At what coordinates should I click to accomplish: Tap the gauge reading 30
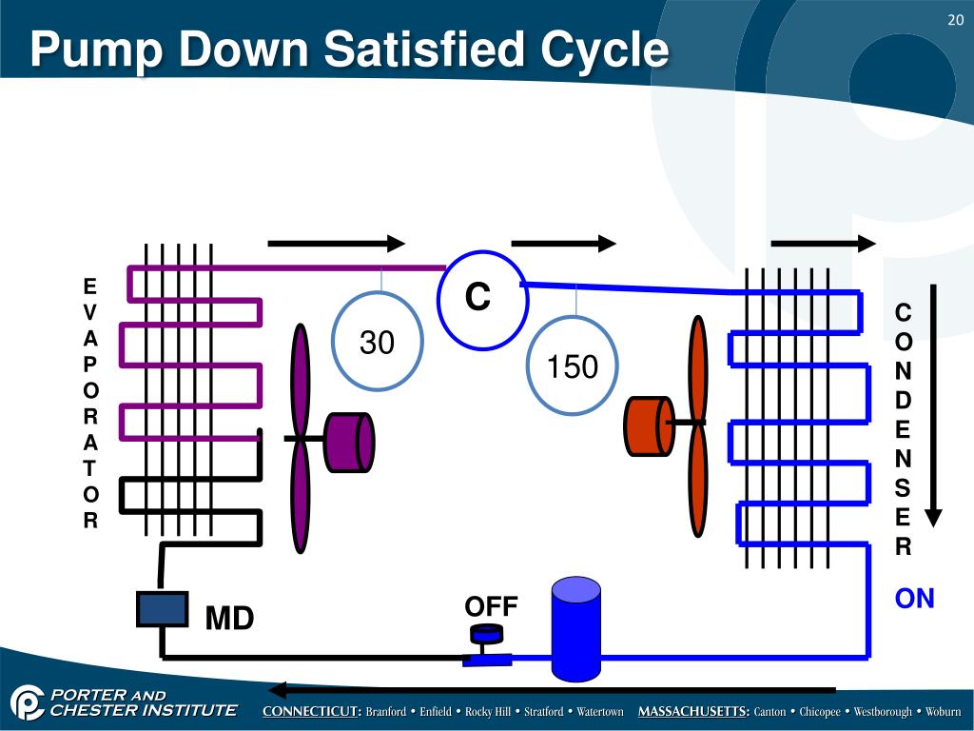pyautogui.click(x=378, y=342)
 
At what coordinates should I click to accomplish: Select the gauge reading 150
pyautogui.click(x=573, y=366)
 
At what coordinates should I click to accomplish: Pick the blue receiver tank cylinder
pyautogui.click(x=576, y=628)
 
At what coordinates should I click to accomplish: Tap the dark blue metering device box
pyautogui.click(x=162, y=608)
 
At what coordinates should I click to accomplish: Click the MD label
pyautogui.click(x=230, y=620)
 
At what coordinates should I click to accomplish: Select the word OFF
pyautogui.click(x=491, y=606)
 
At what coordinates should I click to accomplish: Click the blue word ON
pyautogui.click(x=914, y=599)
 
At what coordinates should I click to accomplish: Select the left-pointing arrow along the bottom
pyautogui.click(x=552, y=690)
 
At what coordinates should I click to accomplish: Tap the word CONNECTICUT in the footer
pyautogui.click(x=312, y=712)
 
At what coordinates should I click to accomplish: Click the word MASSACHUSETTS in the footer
pyautogui.click(x=693, y=712)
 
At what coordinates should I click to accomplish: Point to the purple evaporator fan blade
pyautogui.click(x=301, y=438)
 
